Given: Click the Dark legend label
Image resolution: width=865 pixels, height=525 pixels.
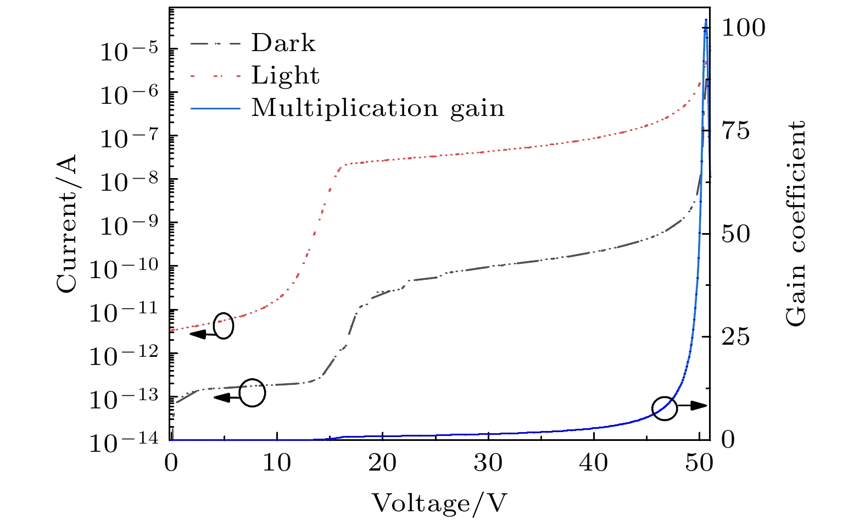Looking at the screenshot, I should pyautogui.click(x=283, y=43).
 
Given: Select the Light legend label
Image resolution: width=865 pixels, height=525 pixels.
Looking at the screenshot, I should pyautogui.click(x=285, y=75).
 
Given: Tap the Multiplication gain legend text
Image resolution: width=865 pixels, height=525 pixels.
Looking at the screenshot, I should pyautogui.click(x=378, y=108).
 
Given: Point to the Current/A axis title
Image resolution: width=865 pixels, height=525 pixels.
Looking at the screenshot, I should pyautogui.click(x=67, y=223).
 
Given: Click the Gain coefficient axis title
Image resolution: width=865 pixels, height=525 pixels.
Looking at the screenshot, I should pyautogui.click(x=795, y=223).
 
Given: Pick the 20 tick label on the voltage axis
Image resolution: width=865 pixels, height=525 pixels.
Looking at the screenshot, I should pyautogui.click(x=382, y=463).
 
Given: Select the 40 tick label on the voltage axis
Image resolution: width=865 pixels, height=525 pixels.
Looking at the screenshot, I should pyautogui.click(x=594, y=463).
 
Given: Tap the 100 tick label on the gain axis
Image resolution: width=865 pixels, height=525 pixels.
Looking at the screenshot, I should pyautogui.click(x=743, y=28).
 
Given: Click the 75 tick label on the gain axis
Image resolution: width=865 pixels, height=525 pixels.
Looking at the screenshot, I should pyautogui.click(x=735, y=131).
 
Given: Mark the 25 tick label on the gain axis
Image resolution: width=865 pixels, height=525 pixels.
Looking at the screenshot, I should pyautogui.click(x=735, y=337).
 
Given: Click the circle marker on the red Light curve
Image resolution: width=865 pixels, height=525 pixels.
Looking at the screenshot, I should pyautogui.click(x=223, y=326).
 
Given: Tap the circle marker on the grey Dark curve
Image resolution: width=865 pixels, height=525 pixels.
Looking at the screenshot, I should pyautogui.click(x=253, y=393).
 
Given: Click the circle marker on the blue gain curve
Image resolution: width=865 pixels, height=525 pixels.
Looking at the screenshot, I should pyautogui.click(x=664, y=408).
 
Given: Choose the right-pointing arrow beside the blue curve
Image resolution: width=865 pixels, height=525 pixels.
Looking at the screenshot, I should pyautogui.click(x=692, y=406).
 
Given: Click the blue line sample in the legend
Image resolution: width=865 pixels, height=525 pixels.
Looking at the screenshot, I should pyautogui.click(x=215, y=108).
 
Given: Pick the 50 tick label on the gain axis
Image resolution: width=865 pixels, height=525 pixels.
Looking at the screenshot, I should pyautogui.click(x=735, y=234).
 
